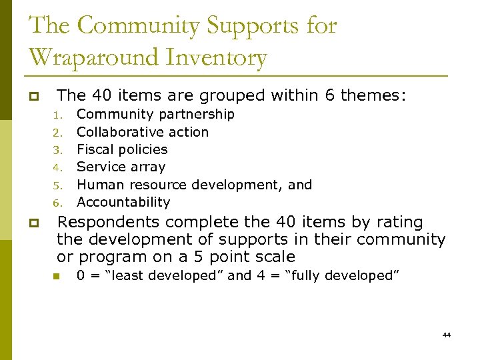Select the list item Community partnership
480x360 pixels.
(x=155, y=115)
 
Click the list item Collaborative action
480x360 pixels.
(x=143, y=132)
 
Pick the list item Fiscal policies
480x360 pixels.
(x=122, y=149)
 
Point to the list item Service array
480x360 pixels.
(x=121, y=167)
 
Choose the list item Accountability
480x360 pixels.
(x=123, y=202)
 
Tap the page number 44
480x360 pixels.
(x=446, y=335)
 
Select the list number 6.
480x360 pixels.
(x=57, y=203)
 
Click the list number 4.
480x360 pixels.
(x=57, y=167)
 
